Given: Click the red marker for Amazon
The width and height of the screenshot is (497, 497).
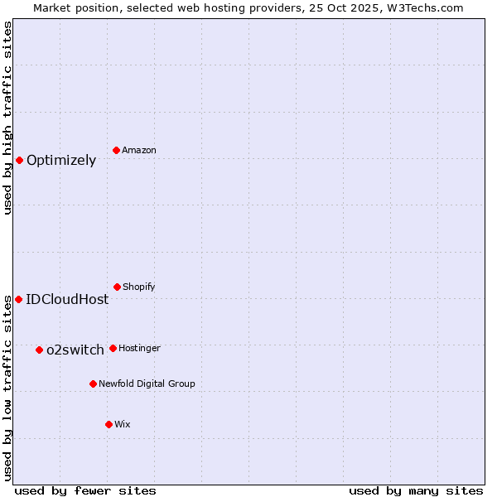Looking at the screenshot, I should [117, 150].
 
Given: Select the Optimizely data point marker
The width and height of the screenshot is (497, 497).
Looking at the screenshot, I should [19, 160].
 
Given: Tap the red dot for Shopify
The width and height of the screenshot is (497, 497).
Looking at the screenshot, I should [117, 287].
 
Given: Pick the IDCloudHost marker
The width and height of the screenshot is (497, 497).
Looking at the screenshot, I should [18, 299].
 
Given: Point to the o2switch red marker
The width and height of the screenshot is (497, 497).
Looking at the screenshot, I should [39, 350].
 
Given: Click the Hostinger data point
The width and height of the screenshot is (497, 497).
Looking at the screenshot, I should [113, 348].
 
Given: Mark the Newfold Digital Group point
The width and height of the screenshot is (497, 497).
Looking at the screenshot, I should [93, 384].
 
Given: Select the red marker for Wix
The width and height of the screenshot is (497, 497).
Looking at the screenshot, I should [109, 424].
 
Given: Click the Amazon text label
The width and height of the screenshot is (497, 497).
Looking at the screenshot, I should [139, 150].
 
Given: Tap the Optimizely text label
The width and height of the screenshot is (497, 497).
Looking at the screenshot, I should [61, 161].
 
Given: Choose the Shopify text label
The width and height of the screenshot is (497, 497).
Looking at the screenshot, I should [138, 287].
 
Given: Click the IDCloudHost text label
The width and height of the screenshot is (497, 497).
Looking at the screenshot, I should [67, 300].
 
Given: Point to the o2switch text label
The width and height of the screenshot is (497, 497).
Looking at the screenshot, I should [75, 350].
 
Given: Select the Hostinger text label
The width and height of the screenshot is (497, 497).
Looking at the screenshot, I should [139, 348].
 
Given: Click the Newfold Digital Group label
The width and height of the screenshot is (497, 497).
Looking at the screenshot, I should [147, 384].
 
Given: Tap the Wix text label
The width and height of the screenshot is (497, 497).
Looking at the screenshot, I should [123, 424].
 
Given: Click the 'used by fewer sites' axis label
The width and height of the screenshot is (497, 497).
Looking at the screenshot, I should [85, 490].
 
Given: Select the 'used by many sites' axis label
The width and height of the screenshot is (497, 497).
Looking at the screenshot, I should [416, 490].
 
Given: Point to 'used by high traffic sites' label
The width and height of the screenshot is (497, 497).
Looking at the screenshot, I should [7, 118].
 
